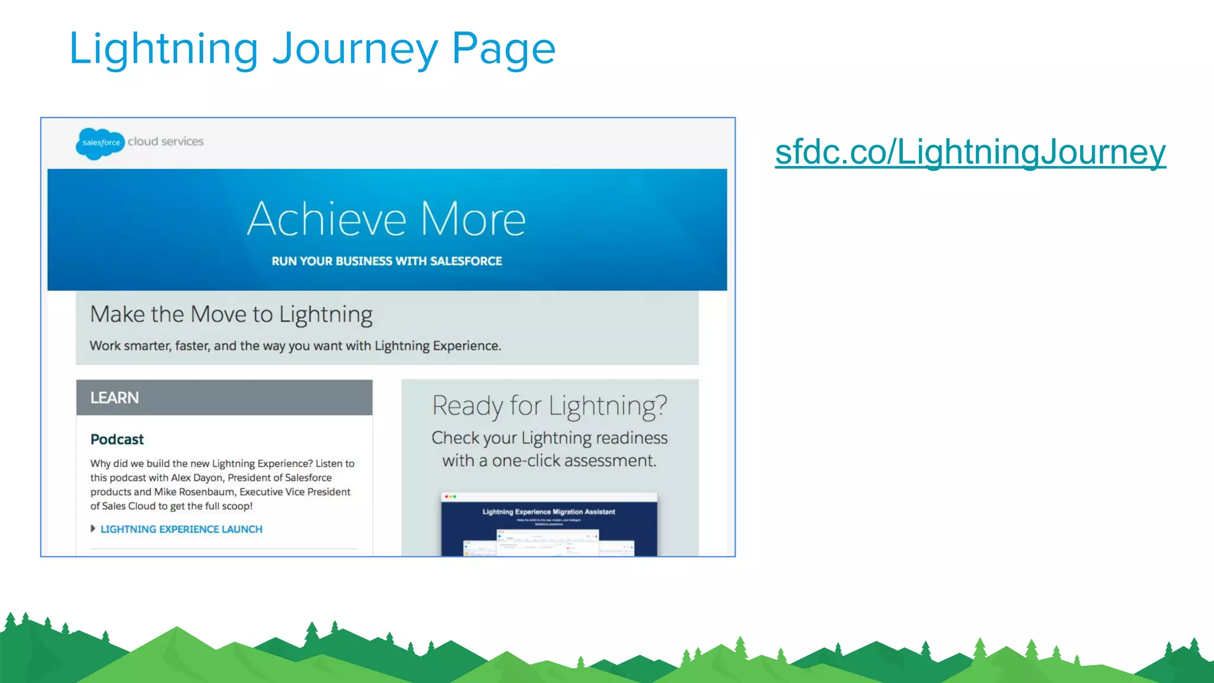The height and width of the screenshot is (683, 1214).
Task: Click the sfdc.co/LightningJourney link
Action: pyautogui.click(x=970, y=152)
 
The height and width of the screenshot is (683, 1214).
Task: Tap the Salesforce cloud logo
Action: pyautogui.click(x=100, y=143)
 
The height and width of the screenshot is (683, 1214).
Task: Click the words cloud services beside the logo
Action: pyautogui.click(x=165, y=142)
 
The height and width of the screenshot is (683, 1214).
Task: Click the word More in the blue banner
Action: pyautogui.click(x=473, y=219)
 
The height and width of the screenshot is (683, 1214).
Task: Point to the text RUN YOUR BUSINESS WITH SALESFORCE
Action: pyautogui.click(x=386, y=261)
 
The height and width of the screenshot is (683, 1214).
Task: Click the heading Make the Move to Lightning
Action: pyautogui.click(x=231, y=314)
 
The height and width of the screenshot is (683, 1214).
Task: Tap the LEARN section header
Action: pyautogui.click(x=114, y=398)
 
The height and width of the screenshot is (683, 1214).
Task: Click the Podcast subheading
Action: pyautogui.click(x=117, y=439)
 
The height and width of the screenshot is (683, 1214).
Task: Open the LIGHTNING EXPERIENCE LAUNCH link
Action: pyautogui.click(x=181, y=529)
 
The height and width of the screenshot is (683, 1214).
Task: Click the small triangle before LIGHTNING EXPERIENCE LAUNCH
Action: pyautogui.click(x=93, y=528)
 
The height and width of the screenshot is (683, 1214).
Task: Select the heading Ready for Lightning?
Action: pyautogui.click(x=550, y=406)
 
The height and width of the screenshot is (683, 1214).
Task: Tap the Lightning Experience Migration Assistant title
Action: pyautogui.click(x=548, y=512)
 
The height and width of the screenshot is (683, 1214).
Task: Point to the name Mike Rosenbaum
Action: pyautogui.click(x=194, y=492)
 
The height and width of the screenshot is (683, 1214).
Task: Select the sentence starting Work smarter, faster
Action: pyautogui.click(x=295, y=346)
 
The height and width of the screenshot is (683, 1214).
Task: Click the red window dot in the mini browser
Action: pyautogui.click(x=446, y=497)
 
